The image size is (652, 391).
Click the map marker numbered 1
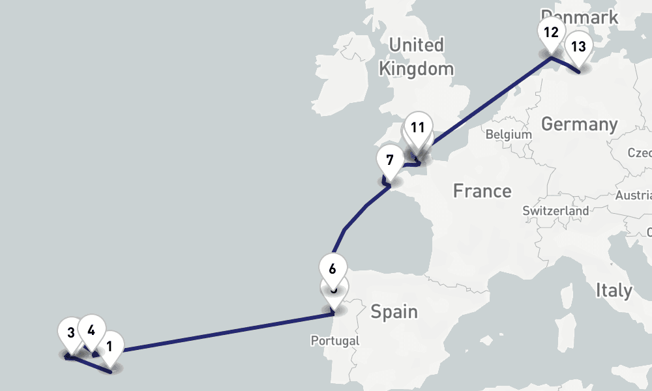coord(110,347)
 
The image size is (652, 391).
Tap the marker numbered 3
coord(70,334)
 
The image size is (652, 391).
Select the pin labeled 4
coord(91,330)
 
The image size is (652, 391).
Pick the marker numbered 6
coord(333,268)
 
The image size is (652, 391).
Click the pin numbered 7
coord(390,160)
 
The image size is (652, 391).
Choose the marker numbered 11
coord(418,127)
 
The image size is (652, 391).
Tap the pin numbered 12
coord(551,33)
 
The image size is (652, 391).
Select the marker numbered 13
coord(578,48)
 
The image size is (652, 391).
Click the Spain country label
coord(394,311)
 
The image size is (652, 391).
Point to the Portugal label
coord(334,341)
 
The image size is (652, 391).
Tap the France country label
coord(482,191)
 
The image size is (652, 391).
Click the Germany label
coord(579,124)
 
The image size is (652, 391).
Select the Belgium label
coord(509,134)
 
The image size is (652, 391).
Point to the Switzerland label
coord(556,211)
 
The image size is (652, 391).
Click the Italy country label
coord(614,290)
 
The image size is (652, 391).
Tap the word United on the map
coord(416,45)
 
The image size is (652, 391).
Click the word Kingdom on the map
coord(416,68)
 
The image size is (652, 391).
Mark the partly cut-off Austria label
coord(634,195)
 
